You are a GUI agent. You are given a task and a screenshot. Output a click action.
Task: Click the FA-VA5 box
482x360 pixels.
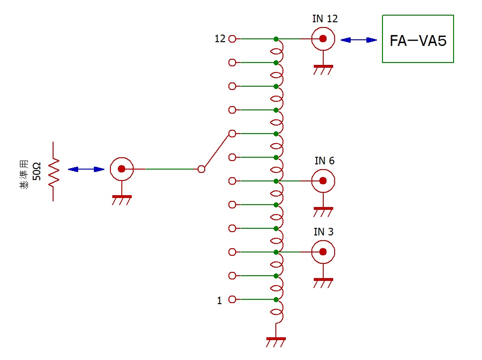[418, 39]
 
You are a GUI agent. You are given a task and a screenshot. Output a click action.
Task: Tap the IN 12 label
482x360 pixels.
[325, 19]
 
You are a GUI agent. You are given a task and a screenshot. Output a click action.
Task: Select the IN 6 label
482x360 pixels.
[324, 161]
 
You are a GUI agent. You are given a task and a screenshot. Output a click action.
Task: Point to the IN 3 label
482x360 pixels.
[323, 232]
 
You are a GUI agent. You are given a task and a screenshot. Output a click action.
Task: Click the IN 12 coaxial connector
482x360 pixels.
[323, 39]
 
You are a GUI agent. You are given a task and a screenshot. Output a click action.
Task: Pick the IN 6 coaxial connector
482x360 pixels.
[323, 181]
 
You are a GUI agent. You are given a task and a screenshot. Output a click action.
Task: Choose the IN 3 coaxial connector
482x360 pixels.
[323, 252]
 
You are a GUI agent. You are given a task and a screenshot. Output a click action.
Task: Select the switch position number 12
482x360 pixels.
[220, 39]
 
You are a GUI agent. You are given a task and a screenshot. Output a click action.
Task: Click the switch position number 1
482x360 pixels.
[219, 300]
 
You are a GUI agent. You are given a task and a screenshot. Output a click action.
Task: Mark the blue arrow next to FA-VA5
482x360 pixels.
[359, 40]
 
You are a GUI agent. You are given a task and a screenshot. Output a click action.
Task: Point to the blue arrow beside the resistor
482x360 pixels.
[86, 169]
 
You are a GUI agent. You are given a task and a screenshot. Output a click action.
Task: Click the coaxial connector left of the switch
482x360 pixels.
[121, 169]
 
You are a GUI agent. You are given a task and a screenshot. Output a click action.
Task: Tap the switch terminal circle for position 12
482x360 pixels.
[232, 39]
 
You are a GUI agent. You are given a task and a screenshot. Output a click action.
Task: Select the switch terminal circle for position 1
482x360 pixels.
[232, 299]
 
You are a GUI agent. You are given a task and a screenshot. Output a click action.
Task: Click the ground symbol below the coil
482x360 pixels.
[276, 342]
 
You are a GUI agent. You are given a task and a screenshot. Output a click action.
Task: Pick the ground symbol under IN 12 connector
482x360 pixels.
[323, 69]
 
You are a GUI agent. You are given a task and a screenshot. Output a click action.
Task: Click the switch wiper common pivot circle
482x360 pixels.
[201, 169]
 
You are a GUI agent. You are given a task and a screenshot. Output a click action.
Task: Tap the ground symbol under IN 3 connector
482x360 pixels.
[323, 282]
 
